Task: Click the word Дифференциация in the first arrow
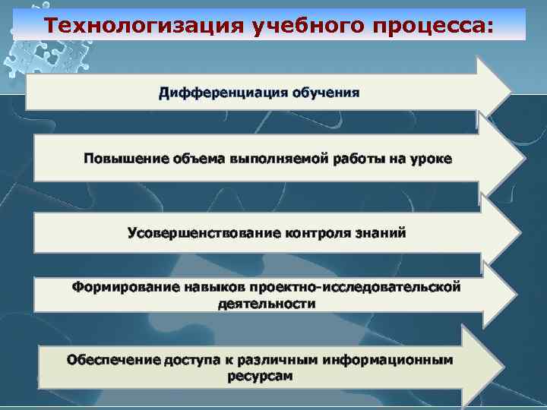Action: pyautogui.click(x=218, y=93)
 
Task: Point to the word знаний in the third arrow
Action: pyautogui.click(x=384, y=232)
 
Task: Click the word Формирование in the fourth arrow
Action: pyautogui.click(x=125, y=288)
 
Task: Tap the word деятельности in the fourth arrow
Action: pyautogui.click(x=267, y=304)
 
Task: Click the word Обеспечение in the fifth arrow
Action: pyautogui.click(x=113, y=359)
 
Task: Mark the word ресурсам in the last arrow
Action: pyautogui.click(x=260, y=376)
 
